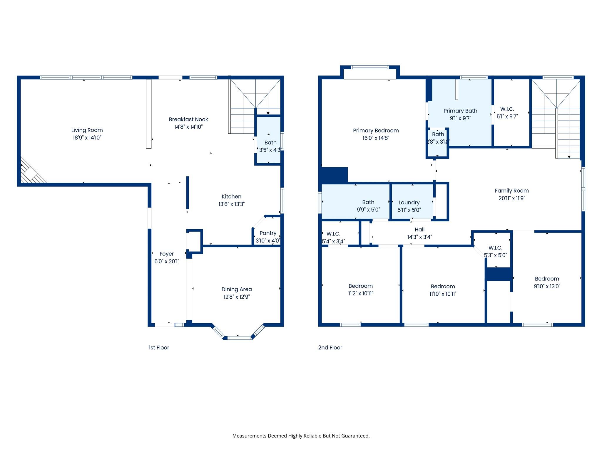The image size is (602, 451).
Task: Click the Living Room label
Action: tap(87, 130)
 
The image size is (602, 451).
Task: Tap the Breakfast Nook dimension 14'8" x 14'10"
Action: tap(188, 127)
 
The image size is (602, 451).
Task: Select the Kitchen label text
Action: tap(231, 196)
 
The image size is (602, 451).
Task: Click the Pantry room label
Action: tap(268, 233)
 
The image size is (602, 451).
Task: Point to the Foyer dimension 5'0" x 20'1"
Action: tap(167, 261)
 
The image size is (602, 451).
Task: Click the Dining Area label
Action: tap(236, 289)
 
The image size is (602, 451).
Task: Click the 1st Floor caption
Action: tap(159, 348)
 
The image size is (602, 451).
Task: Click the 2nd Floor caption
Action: tap(330, 348)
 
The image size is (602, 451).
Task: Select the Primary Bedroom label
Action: tap(376, 130)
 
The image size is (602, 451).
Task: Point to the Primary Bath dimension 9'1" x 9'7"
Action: tap(460, 118)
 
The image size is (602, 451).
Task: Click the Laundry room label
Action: tap(409, 202)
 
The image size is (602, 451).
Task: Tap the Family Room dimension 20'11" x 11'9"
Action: tap(511, 198)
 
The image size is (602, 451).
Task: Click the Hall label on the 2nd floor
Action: tap(419, 230)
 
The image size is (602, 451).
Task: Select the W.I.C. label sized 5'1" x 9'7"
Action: tap(507, 109)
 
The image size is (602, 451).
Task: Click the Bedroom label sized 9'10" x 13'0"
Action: tap(547, 279)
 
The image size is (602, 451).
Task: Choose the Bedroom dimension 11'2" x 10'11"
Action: tap(361, 293)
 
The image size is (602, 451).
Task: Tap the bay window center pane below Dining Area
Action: tap(239, 338)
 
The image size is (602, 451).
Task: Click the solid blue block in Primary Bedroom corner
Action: tap(335, 175)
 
